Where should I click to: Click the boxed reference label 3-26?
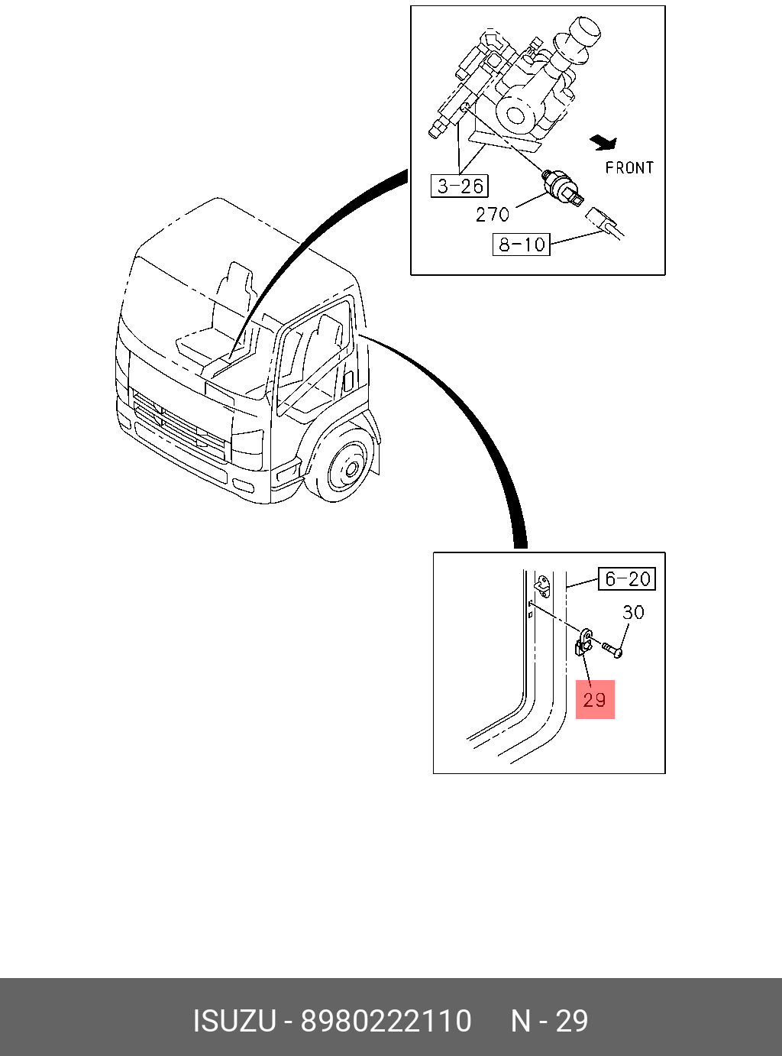click(x=460, y=186)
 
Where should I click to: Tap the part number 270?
click(x=492, y=215)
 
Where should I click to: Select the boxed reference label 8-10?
click(x=522, y=245)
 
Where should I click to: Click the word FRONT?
click(x=629, y=167)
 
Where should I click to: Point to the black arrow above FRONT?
click(x=604, y=141)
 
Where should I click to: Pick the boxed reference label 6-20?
click(x=627, y=579)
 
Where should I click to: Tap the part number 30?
click(x=633, y=612)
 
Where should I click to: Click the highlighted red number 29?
click(x=595, y=699)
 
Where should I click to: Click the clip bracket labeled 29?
click(x=584, y=642)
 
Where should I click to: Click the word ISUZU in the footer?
click(x=234, y=1021)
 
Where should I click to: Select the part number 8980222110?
click(x=386, y=1021)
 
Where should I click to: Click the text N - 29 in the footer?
click(x=549, y=1021)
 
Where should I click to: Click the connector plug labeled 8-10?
click(x=603, y=222)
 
